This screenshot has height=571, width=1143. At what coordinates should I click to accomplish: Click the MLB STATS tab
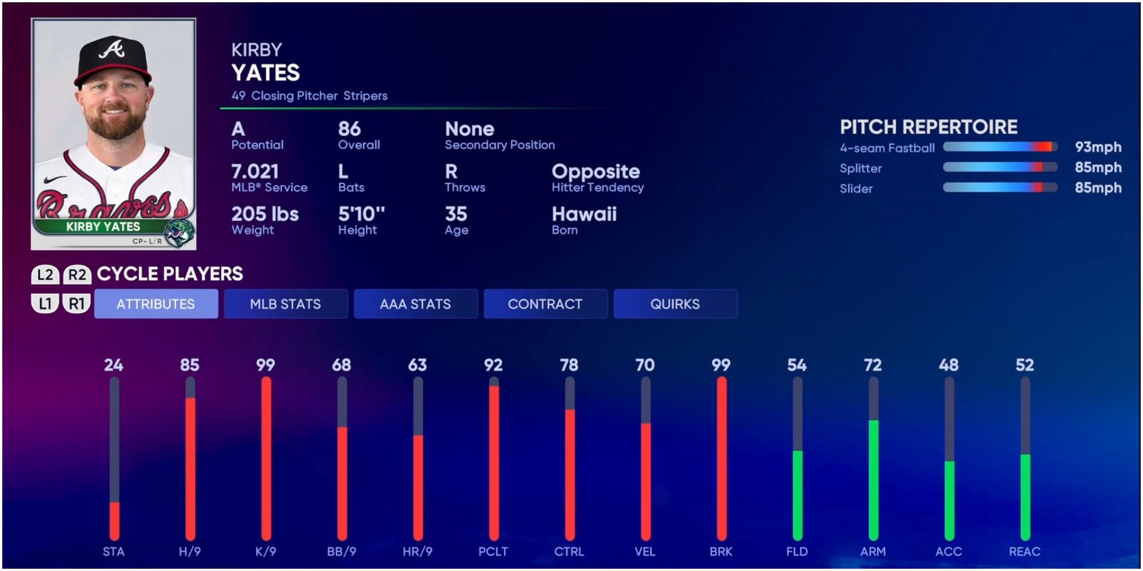point(285,304)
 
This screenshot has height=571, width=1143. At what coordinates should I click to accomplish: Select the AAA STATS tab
point(415,304)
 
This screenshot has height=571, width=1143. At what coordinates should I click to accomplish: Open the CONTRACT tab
point(545,304)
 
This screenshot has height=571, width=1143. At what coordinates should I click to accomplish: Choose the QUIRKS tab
point(675,304)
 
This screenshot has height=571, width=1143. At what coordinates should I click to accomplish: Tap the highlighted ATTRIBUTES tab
point(155,304)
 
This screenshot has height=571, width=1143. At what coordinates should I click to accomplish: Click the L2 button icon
point(45,275)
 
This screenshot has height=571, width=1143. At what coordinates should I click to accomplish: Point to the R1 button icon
point(77,304)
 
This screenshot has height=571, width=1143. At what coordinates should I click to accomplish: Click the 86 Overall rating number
point(349,129)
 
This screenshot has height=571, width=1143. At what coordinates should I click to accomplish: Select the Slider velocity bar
point(1000,188)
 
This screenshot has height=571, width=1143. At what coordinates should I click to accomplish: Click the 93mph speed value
point(1097,147)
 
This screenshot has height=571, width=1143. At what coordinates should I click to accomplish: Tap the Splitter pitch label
point(861,168)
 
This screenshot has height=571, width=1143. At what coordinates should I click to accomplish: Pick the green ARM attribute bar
point(873,480)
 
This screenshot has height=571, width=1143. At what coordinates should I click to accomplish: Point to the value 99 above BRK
point(721,365)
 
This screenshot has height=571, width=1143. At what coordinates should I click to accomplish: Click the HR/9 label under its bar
point(417,552)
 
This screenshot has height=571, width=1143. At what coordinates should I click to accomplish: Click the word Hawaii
point(584,214)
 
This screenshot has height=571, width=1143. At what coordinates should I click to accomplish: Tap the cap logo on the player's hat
point(112,49)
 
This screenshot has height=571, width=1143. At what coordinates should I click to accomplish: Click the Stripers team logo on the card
point(180,232)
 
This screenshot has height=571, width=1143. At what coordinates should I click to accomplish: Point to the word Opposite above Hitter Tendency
point(596,171)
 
